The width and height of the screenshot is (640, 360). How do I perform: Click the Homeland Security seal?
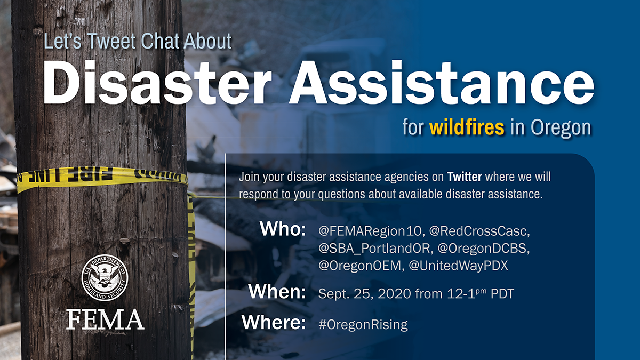(x=105, y=277)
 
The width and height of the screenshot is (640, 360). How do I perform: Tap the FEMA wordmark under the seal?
(x=105, y=319)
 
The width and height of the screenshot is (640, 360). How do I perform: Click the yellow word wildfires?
(x=467, y=127)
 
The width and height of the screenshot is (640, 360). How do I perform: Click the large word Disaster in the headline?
(x=157, y=83)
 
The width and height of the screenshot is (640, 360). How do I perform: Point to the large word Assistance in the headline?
(x=442, y=83)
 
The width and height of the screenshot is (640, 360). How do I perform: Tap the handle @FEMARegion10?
(x=370, y=231)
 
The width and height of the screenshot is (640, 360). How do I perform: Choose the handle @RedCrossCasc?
(x=479, y=231)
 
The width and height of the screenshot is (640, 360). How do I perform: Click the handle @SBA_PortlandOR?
(x=374, y=249)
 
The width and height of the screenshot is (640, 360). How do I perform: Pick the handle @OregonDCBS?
(x=483, y=249)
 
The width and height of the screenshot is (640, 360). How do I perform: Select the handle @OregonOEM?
(x=361, y=266)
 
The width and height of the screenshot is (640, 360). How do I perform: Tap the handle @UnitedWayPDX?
(x=459, y=266)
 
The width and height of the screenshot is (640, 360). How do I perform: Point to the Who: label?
(x=283, y=229)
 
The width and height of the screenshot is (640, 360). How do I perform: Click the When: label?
(x=277, y=291)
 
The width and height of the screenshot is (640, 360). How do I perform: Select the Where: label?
(x=274, y=322)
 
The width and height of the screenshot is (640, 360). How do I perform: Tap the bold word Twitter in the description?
(x=465, y=177)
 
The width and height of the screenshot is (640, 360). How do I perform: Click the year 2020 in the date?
(x=394, y=294)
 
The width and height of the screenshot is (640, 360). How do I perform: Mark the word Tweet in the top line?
(x=111, y=42)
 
